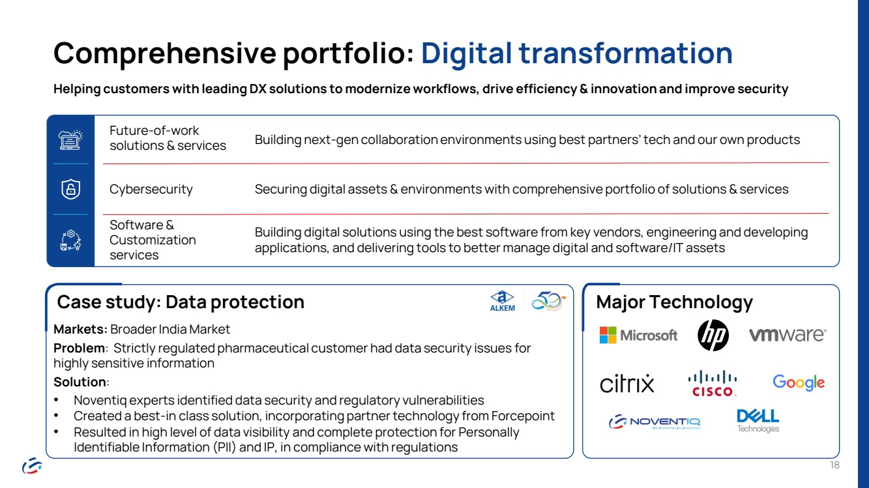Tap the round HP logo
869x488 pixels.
(713, 336)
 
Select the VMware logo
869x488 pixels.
(788, 335)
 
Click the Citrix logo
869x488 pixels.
(627, 383)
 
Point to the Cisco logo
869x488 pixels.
(713, 383)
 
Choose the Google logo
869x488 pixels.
(799, 382)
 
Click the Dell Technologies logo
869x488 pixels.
(758, 420)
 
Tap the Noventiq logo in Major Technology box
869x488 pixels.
(655, 422)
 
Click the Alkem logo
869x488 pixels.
(503, 301)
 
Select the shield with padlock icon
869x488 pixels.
(70, 189)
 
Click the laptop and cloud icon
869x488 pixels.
(70, 140)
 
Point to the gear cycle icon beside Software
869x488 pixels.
(70, 240)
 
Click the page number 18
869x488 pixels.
(834, 465)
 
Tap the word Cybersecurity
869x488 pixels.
(151, 189)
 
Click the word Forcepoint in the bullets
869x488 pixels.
(523, 416)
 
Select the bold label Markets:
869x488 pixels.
(80, 329)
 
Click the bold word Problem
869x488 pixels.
(79, 348)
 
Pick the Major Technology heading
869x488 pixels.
(674, 302)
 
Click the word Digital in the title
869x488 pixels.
(466, 53)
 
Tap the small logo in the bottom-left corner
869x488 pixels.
(32, 465)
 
